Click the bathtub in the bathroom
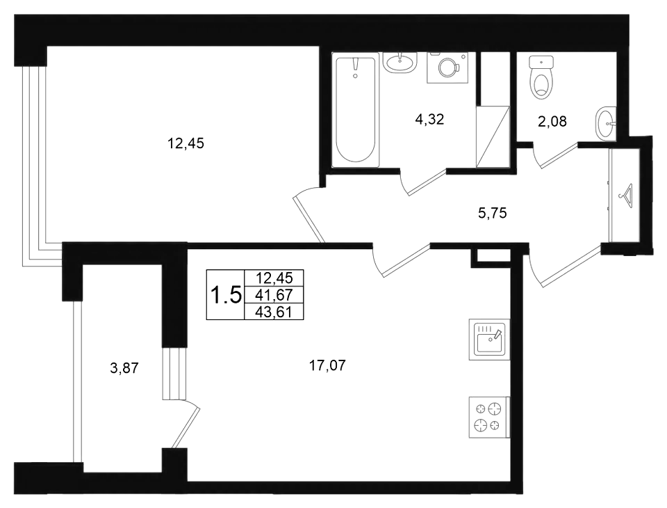(356, 111)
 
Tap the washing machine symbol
(447, 68)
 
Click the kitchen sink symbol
(489, 339)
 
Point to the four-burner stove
(489, 418)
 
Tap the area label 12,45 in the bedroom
(186, 143)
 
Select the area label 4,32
(429, 119)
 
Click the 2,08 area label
(552, 122)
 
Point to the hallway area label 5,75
(493, 213)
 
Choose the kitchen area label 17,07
(327, 365)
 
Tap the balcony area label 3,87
(124, 367)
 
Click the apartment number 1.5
(227, 295)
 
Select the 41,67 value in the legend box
(274, 295)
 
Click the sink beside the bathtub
(399, 62)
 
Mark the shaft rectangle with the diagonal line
(493, 136)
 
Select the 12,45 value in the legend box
(274, 278)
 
